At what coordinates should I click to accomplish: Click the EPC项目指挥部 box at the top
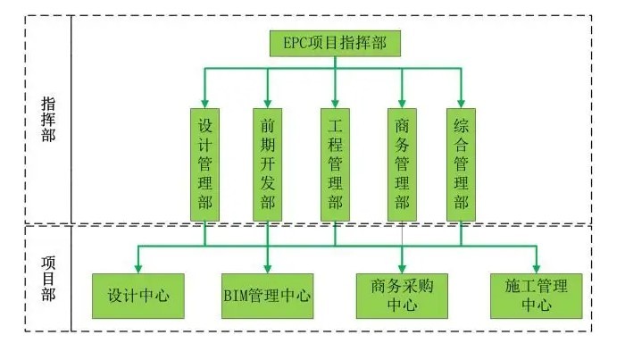(x=335, y=43)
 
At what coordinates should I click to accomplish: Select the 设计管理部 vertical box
(x=204, y=163)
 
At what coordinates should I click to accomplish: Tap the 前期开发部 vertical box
(x=267, y=163)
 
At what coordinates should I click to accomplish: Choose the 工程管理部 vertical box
(x=335, y=163)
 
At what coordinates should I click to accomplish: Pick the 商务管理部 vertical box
(x=401, y=163)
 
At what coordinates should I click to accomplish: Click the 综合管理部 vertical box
(x=461, y=163)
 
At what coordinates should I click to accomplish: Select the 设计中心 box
(x=137, y=296)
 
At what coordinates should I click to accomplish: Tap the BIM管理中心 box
(x=267, y=296)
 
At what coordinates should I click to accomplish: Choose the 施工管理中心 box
(x=536, y=296)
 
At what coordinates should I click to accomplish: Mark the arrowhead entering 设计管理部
(x=204, y=101)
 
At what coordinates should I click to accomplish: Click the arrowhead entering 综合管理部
(x=461, y=101)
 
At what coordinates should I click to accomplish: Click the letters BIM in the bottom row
(x=235, y=296)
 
